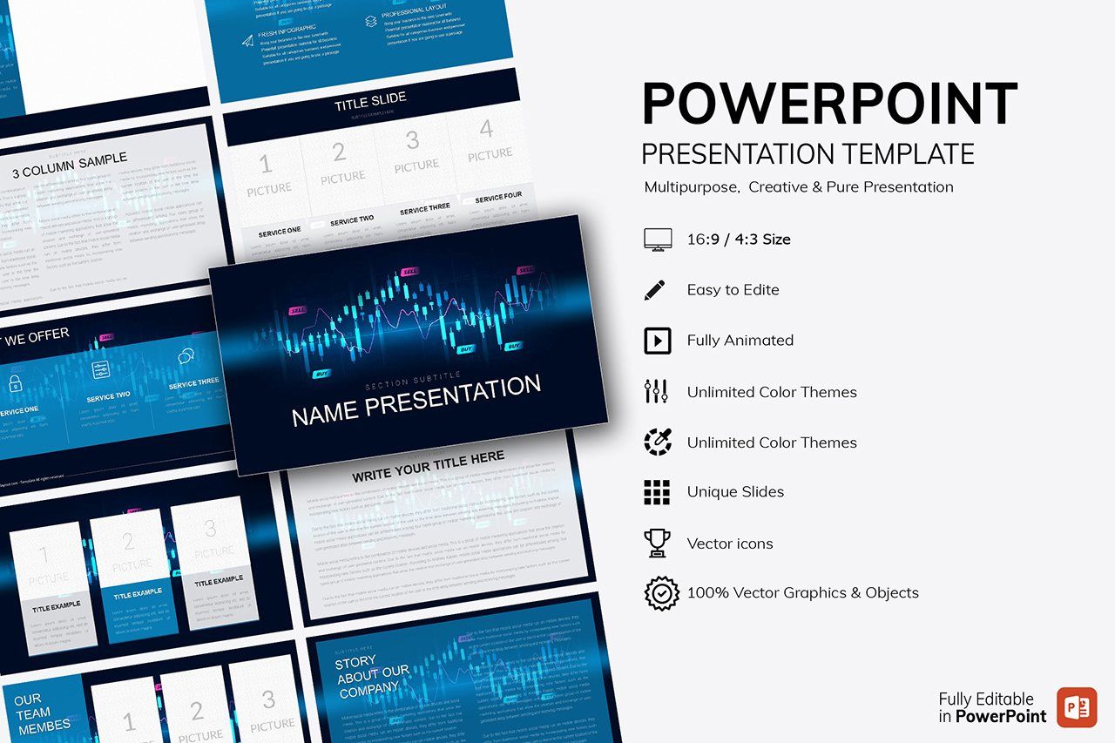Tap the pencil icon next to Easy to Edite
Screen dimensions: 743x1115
coord(655,290)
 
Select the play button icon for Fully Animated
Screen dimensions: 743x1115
coord(657,341)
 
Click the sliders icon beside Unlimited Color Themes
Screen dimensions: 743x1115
coord(656,392)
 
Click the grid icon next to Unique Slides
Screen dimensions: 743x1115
coord(657,492)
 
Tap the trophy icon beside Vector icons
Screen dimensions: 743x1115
coord(657,544)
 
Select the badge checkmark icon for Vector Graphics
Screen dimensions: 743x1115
coord(661,593)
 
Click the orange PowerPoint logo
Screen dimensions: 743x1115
coord(1077,706)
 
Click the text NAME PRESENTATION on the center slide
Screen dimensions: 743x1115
coord(416,402)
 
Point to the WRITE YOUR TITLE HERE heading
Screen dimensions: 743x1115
coord(428,467)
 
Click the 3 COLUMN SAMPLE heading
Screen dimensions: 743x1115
coord(70,165)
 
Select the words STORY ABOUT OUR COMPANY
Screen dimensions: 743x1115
coord(372,677)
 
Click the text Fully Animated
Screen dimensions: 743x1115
coord(740,341)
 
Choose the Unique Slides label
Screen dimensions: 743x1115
coord(735,492)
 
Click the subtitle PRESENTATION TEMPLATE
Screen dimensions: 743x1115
coord(808,154)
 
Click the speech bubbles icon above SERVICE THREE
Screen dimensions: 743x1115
coord(186,356)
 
